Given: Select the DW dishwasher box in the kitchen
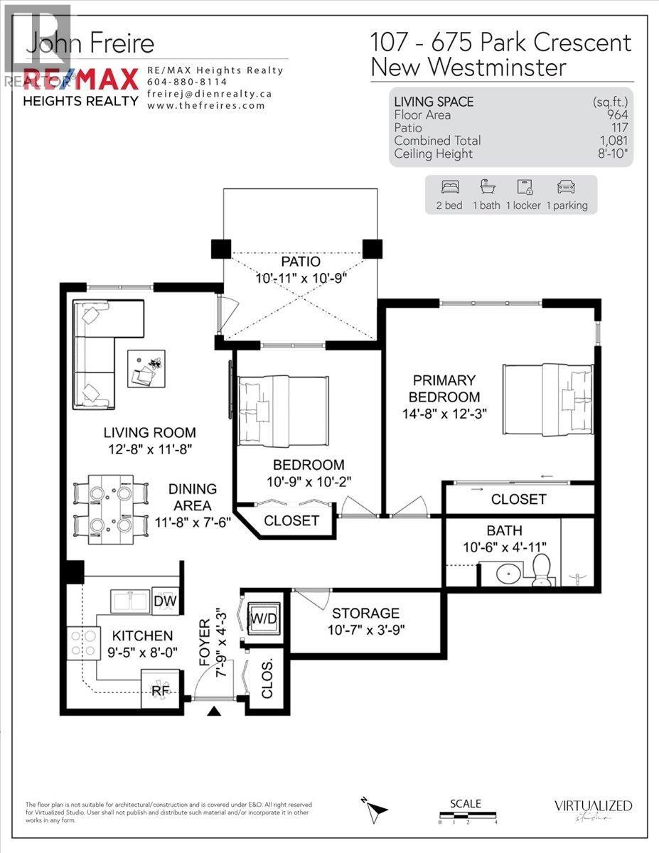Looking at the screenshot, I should pos(164,601).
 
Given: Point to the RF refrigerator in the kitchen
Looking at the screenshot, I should pos(160,688).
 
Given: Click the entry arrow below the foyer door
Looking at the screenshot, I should pos(213,710).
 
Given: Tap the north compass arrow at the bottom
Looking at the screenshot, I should pos(376,808).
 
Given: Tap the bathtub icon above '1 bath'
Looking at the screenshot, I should pos(488,188).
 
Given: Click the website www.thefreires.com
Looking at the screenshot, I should pos(206,105).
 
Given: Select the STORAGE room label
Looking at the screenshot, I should pos(365,613).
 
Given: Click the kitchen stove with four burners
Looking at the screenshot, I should pos(82,643).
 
